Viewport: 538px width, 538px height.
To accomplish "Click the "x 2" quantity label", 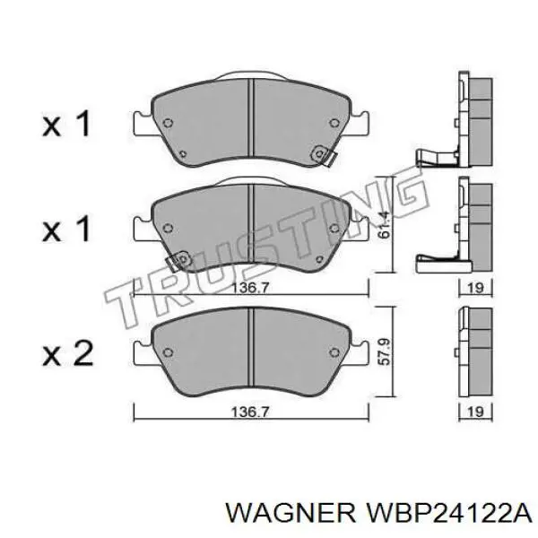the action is pyautogui.click(x=67, y=353).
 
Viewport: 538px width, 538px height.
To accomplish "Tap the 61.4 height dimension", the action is pyautogui.click(x=383, y=225).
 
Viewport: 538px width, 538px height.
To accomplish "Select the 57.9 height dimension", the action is pyautogui.click(x=384, y=351).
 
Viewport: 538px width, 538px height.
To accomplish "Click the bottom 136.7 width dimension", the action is pyautogui.click(x=250, y=412).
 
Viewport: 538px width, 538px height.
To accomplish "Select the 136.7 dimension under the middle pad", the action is pyautogui.click(x=250, y=288).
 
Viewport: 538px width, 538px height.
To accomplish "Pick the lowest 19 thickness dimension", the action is pyautogui.click(x=475, y=412).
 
